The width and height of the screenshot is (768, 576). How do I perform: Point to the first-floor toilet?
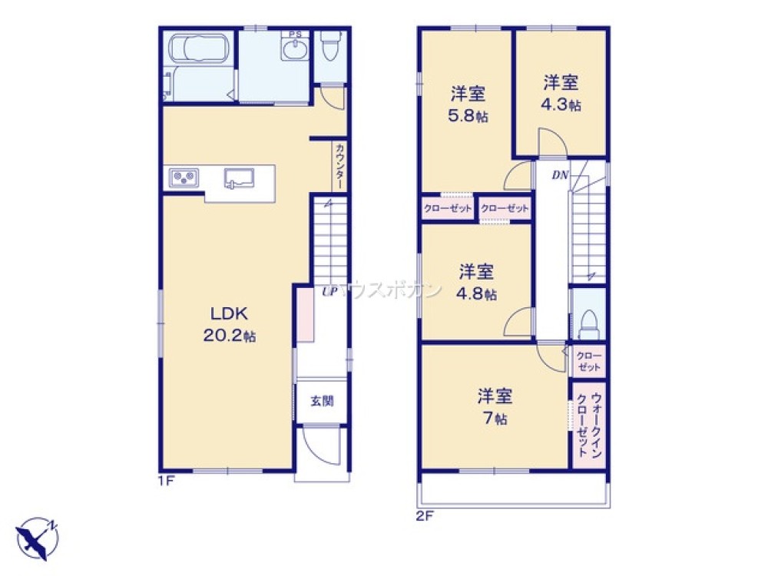330,48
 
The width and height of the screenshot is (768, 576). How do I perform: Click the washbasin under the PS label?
295,50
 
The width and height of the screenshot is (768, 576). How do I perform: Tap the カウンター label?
339,165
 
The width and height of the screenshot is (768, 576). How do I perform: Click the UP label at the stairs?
329,291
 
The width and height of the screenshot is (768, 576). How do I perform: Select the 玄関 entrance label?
323,401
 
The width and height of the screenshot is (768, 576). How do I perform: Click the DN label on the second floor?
559,175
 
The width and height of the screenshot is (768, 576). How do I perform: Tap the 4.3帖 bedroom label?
561,93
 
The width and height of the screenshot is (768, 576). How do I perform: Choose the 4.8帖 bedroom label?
478,282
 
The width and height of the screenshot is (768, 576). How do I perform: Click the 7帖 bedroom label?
495,407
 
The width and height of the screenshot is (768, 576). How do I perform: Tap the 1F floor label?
167,482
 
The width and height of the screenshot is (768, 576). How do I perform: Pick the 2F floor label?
426,515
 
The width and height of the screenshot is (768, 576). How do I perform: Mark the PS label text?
295,34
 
